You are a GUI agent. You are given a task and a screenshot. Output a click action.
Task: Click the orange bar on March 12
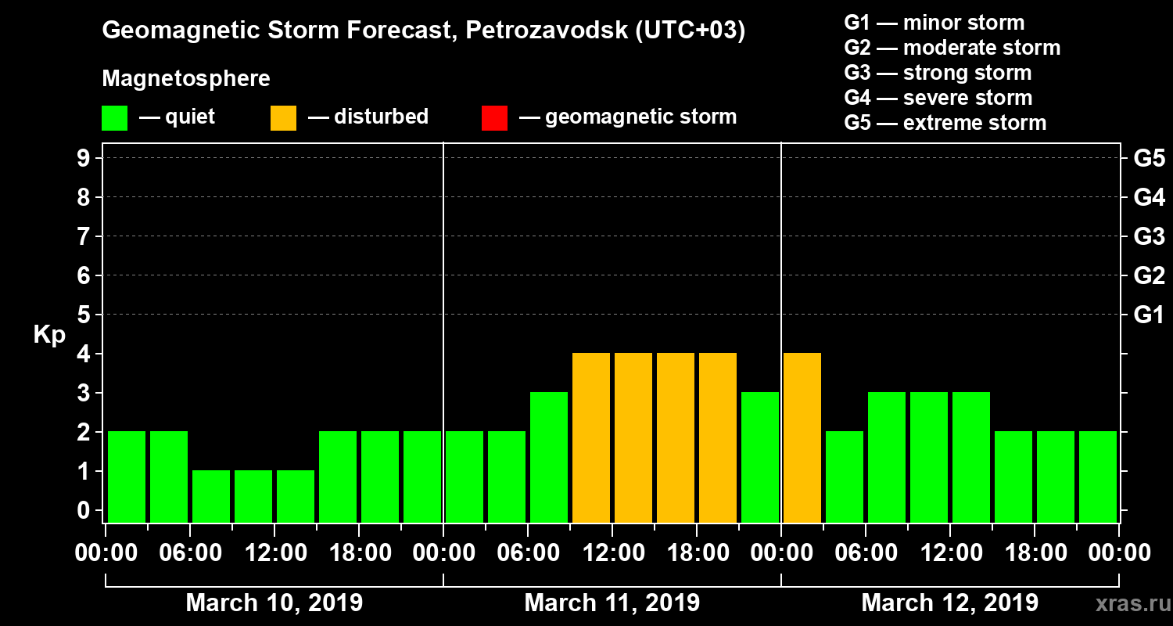coord(802,437)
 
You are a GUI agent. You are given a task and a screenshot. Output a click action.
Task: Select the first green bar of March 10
coord(127,477)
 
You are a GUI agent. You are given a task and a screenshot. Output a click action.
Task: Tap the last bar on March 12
coord(1098,477)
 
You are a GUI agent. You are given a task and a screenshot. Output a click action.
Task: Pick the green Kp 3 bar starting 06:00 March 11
coord(549,457)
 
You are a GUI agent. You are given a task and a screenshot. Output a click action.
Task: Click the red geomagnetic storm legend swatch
coord(494,118)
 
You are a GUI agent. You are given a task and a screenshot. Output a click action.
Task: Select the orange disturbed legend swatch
coord(283,118)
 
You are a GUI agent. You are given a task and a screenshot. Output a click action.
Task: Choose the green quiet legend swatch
coord(114,118)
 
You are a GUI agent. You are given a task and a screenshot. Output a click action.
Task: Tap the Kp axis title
coord(49,335)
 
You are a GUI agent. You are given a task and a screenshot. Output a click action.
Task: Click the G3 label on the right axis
coord(1149,236)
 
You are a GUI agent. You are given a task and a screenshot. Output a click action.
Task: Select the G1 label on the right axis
coord(1149,315)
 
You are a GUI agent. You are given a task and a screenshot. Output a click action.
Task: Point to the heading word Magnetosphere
coord(186,79)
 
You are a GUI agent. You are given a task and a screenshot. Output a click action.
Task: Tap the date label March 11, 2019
coord(612,603)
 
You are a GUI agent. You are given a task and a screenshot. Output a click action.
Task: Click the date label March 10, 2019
coord(274,603)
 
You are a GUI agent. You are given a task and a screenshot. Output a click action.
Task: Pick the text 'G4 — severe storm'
coord(938,98)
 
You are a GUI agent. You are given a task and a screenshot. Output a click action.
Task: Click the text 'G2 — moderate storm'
coord(952,48)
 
